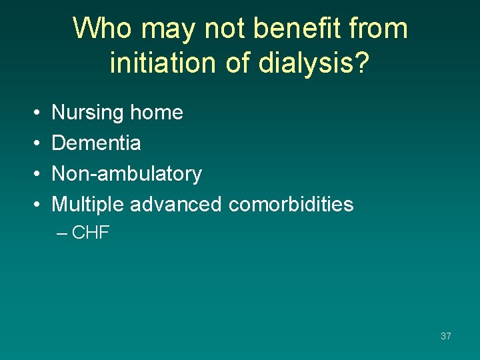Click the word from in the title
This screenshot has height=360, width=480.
[379, 29]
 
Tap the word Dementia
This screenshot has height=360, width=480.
[96, 143]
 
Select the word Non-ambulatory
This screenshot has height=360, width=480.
[127, 173]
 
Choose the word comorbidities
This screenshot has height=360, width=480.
[291, 204]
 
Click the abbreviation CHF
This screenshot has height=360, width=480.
[91, 233]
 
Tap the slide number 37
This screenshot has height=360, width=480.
[445, 336]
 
